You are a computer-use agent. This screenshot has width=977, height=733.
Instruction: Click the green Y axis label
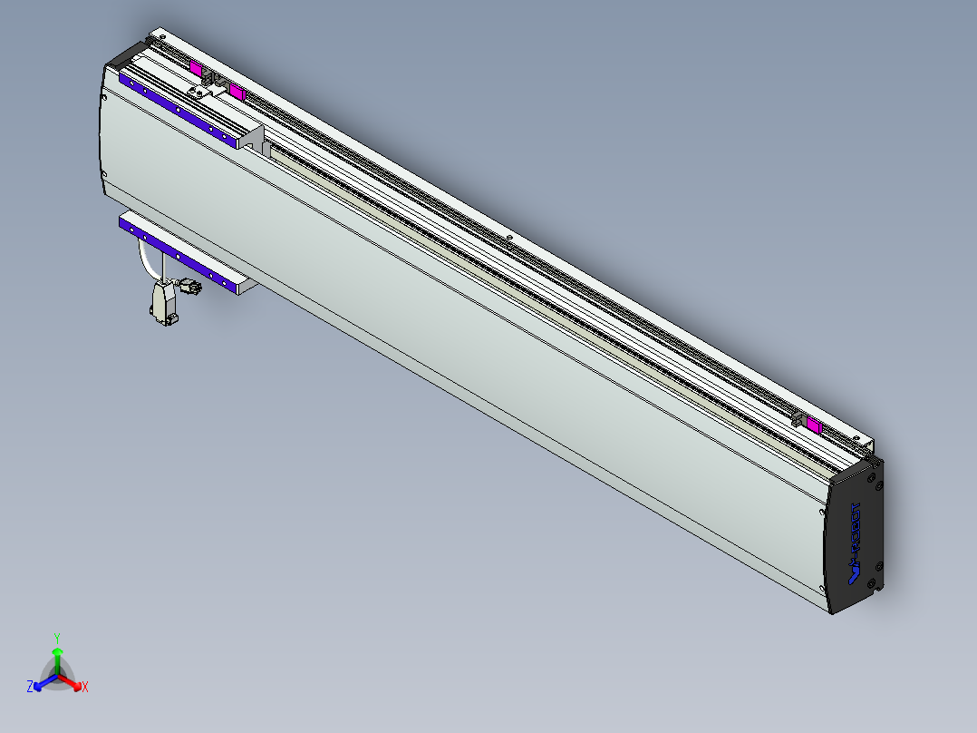click(57, 637)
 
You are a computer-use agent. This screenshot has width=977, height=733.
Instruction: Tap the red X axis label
click(84, 688)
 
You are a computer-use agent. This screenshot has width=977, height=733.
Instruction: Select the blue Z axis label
click(30, 688)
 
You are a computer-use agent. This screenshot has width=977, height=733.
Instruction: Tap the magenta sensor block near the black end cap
click(814, 425)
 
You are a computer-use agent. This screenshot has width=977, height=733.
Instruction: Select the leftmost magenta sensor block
click(195, 68)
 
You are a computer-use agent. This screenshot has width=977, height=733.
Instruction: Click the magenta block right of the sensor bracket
click(237, 92)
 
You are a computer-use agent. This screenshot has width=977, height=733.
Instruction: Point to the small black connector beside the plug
click(189, 288)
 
